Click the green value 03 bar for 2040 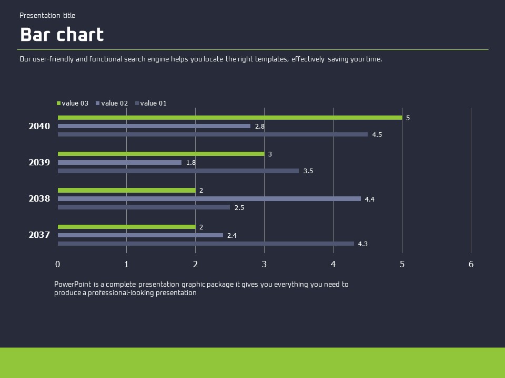230,118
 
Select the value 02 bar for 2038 209,199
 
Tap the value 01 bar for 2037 206,244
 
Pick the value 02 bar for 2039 119,163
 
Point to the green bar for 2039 161,154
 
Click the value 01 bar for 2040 213,134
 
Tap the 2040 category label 39,127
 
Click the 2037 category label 39,235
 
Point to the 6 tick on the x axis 471,264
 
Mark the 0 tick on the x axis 58,264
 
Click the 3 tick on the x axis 264,264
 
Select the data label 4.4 370,199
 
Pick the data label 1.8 191,163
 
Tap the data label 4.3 363,244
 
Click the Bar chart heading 62,35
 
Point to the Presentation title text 47,16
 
